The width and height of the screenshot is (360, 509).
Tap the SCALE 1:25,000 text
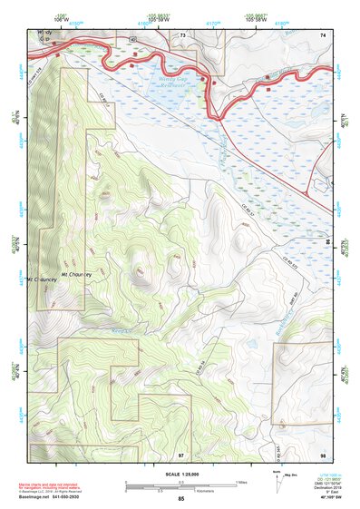(x=181, y=475)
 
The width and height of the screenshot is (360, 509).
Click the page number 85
(x=181, y=499)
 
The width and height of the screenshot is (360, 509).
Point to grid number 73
(x=182, y=34)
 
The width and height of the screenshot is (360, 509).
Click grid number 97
(x=181, y=453)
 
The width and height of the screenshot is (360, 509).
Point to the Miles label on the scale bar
(x=240, y=481)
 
